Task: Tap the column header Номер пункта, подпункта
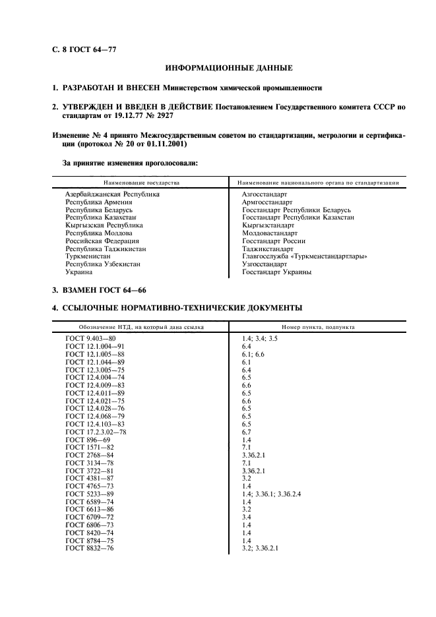319,326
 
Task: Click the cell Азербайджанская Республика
112,194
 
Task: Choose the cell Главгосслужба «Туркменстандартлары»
304,256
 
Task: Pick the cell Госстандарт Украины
276,272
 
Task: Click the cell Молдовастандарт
270,233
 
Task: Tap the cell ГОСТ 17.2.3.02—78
96,432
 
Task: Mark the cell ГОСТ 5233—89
90,494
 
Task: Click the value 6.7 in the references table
247,432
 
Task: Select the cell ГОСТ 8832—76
90,548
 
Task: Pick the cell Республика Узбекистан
102,264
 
